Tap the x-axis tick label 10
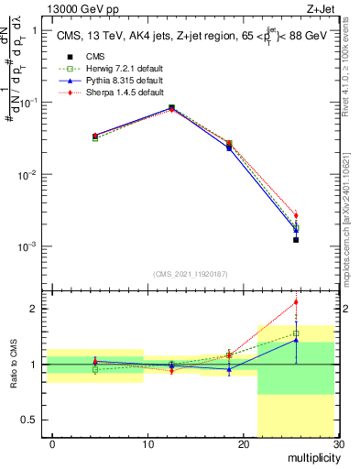click(x=147, y=444)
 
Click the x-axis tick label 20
click(x=243, y=444)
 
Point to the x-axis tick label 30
click(x=337, y=444)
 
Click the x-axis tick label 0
click(x=53, y=444)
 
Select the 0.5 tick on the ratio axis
click(x=34, y=420)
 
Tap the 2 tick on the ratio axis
click(x=37, y=309)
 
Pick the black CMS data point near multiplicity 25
click(x=296, y=240)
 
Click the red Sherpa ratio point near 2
click(x=296, y=302)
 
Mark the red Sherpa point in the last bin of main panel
click(x=296, y=215)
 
